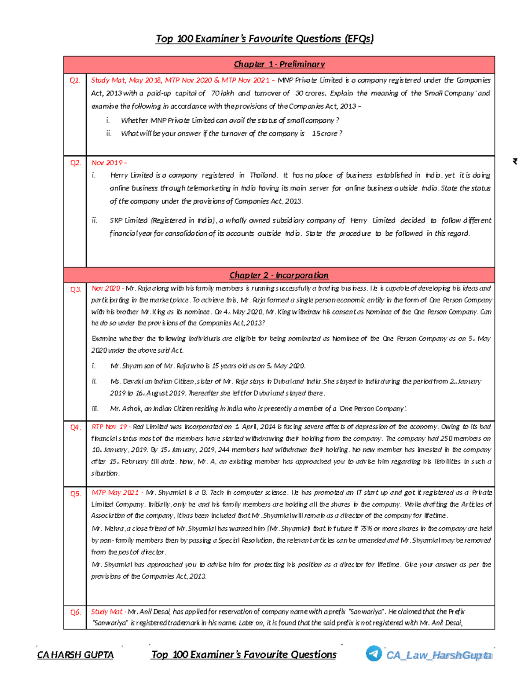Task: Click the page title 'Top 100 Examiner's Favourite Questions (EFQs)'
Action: (x=264, y=39)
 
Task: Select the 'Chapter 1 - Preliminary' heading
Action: (x=279, y=64)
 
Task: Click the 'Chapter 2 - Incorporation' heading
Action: (x=279, y=275)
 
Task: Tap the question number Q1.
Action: (x=75, y=80)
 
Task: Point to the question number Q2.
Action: (x=75, y=163)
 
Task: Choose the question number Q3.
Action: (x=75, y=289)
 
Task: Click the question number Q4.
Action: (x=75, y=427)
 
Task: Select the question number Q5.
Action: (x=75, y=493)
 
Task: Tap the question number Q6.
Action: (x=75, y=612)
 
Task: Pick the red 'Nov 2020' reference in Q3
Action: (x=106, y=289)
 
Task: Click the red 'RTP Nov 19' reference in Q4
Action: (x=110, y=427)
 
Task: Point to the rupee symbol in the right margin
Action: (x=515, y=161)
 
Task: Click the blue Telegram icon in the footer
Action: (x=374, y=653)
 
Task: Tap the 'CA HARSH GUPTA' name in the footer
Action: (x=75, y=655)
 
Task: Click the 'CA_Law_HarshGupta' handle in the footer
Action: (x=439, y=655)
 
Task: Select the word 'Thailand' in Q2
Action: (x=264, y=175)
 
